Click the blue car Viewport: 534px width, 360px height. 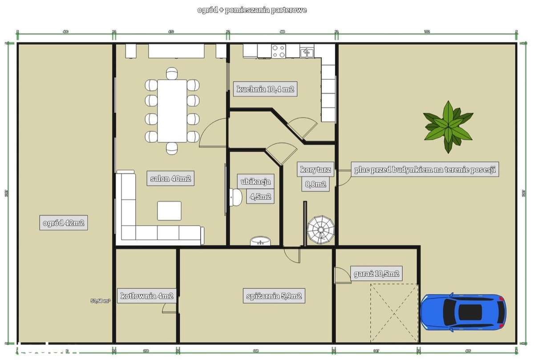pos(463,312)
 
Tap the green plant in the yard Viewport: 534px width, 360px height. pos(448,125)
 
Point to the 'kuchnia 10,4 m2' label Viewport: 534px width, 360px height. pos(265,89)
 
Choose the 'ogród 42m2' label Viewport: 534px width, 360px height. pos(63,222)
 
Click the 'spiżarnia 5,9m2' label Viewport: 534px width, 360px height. pos(274,295)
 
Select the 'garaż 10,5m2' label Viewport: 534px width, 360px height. pos(376,273)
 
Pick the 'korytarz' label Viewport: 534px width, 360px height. pos(316,169)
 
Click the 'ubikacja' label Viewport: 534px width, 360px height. pos(255,181)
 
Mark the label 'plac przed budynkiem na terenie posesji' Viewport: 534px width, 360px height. pos(425,170)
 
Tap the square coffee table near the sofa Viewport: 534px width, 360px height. pos(169,211)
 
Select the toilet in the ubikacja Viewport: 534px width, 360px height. pos(235,197)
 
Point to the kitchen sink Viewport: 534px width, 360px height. pos(307,53)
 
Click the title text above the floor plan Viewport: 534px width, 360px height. pos(252,10)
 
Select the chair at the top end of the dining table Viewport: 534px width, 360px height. pos(172,73)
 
